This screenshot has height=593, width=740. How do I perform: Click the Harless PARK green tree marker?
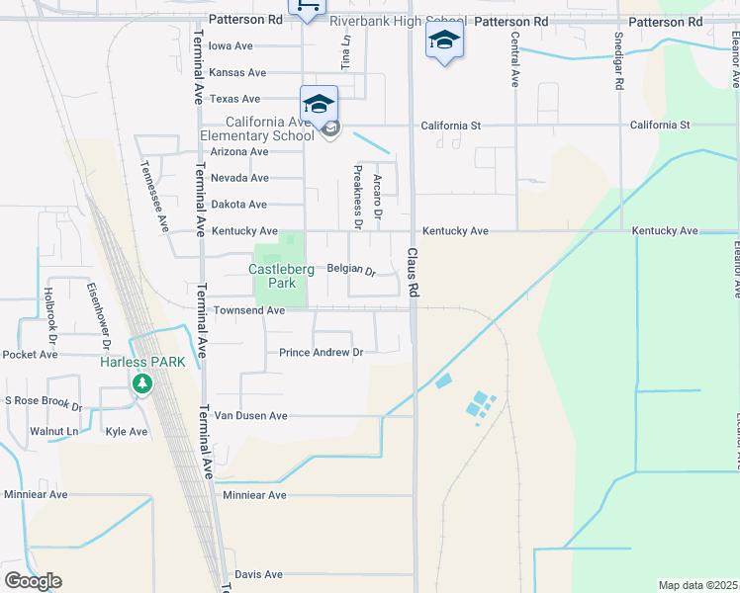coord(143,381)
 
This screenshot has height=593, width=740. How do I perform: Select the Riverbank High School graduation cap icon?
coord(444,41)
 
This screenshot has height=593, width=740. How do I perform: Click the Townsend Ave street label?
coord(248,310)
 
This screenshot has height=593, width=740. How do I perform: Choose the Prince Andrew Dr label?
coord(322,353)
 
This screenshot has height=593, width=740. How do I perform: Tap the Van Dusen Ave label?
coord(250,416)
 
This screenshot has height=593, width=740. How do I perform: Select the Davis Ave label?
coord(258,574)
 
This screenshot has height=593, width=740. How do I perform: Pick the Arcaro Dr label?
coord(379,197)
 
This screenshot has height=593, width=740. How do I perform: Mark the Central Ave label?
coord(515,59)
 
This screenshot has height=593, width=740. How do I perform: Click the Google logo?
coord(33,581)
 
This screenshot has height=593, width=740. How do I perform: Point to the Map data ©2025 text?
coord(696,585)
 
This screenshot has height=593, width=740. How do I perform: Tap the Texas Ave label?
coord(235,99)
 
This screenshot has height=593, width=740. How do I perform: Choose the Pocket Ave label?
coord(32,355)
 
